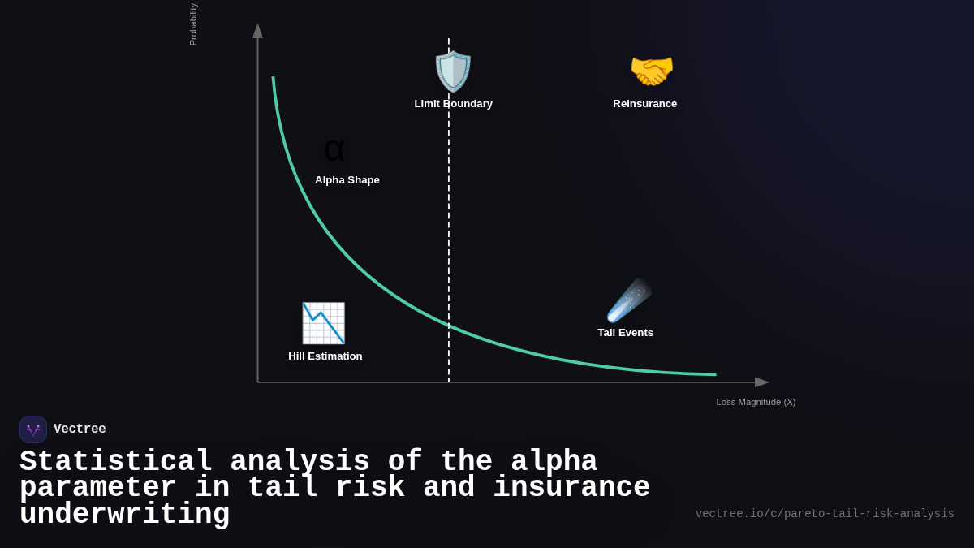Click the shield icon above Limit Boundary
(453, 71)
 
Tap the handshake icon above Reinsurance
(652, 71)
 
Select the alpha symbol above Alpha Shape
(334, 150)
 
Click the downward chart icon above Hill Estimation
(323, 323)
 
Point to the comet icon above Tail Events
(628, 300)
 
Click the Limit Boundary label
(453, 104)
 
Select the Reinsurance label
(644, 104)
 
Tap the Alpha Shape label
(347, 180)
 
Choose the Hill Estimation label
(325, 356)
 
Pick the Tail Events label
(625, 333)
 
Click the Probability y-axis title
(193, 24)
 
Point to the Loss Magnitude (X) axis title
(756, 402)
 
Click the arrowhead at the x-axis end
(762, 382)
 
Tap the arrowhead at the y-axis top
(257, 31)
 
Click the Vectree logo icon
(33, 429)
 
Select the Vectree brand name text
(80, 429)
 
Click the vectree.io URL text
(824, 514)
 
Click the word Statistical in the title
(116, 462)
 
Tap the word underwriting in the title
(124, 515)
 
